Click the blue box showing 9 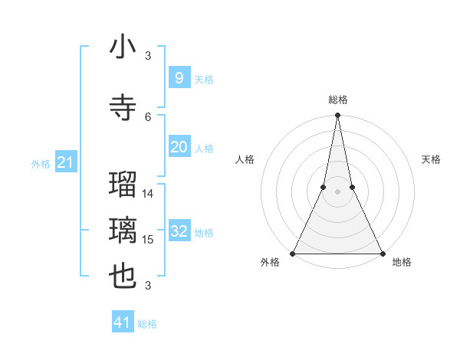179,78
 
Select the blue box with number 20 179,147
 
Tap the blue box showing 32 179,232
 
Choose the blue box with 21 66,162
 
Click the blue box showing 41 123,322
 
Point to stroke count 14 148,194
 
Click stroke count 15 148,240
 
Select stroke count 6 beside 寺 148,116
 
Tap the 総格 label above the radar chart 337,100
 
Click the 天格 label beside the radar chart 432,159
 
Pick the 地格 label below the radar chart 402,263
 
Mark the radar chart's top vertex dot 337,116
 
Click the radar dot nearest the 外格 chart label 293,253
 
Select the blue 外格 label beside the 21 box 41,163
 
